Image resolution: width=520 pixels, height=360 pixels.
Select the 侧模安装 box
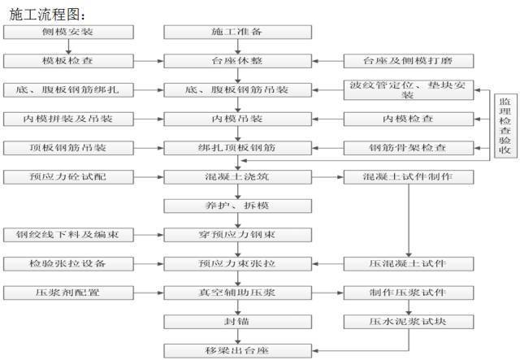click(68, 33)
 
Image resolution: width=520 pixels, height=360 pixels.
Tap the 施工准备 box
click(238, 33)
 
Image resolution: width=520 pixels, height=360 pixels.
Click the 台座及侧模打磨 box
click(409, 61)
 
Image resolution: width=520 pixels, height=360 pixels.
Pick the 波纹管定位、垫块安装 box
click(409, 90)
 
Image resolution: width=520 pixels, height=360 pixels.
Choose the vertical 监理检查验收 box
click(505, 125)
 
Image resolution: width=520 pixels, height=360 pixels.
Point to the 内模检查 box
click(409, 119)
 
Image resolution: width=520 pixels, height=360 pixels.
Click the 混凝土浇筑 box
click(238, 177)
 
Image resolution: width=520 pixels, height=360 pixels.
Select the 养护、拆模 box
click(238, 206)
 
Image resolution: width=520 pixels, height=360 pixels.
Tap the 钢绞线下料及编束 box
click(68, 235)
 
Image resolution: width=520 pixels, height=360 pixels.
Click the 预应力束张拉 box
click(238, 264)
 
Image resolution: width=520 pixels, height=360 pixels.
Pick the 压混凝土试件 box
click(409, 264)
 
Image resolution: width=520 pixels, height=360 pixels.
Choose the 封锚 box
click(238, 322)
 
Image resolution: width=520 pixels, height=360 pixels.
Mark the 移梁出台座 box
click(238, 351)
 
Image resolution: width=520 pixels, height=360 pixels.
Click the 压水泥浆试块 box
click(409, 322)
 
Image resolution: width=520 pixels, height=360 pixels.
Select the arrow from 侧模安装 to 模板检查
click(68, 47)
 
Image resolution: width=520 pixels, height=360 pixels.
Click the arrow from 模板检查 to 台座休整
click(149, 61)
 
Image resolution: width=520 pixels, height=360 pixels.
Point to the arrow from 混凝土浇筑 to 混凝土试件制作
click(327, 177)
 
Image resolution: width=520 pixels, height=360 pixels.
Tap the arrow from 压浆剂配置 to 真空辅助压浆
click(149, 293)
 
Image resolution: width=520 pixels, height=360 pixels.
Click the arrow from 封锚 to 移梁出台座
click(238, 336)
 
